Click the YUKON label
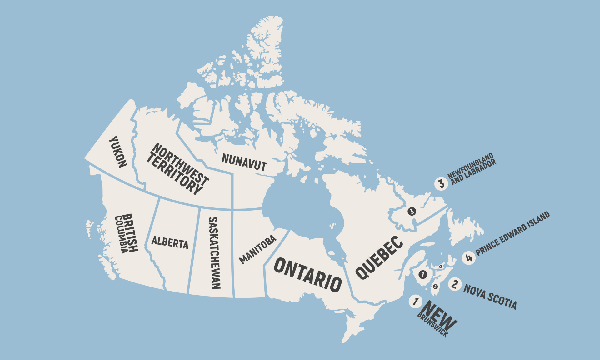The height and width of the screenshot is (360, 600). click(x=118, y=152)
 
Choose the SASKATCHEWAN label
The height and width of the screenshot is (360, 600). click(x=214, y=253)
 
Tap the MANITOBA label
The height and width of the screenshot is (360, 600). click(x=258, y=249)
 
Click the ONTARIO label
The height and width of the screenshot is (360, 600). click(x=308, y=275)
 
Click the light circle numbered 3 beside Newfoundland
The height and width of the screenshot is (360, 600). click(x=441, y=183)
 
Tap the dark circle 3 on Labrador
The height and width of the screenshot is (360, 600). click(x=412, y=211)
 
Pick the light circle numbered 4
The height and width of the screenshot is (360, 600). click(x=469, y=258)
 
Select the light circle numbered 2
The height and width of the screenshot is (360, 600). click(x=455, y=284)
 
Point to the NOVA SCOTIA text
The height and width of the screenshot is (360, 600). click(x=490, y=297)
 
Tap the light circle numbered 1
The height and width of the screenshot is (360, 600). click(x=415, y=302)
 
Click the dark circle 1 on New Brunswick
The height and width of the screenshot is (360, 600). click(x=423, y=275)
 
